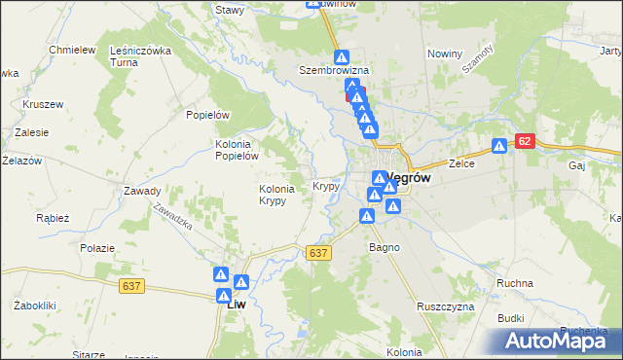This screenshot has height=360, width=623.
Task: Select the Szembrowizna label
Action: click(x=333, y=71)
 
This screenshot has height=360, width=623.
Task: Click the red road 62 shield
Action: click(x=525, y=141)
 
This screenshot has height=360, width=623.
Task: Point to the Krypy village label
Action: click(x=326, y=185)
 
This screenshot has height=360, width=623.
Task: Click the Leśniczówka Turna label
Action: click(x=141, y=56)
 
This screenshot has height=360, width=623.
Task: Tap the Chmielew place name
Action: click(x=72, y=50)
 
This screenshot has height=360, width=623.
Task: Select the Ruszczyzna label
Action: click(x=445, y=306)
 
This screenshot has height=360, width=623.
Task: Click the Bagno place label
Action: click(x=384, y=247)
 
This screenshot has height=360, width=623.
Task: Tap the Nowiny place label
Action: click(x=444, y=54)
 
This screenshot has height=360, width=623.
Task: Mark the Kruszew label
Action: click(x=43, y=103)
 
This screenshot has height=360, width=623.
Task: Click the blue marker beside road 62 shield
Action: click(x=499, y=147)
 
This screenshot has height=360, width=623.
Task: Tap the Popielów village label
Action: click(x=207, y=114)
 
